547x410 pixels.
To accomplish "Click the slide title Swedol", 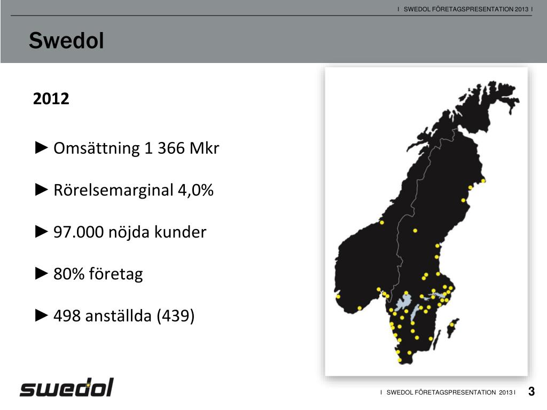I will tap(66, 41).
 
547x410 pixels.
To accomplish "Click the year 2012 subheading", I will tap(51, 99).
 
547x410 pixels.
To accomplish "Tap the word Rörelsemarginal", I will tap(113, 190).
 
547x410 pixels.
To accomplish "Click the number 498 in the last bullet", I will tap(67, 316).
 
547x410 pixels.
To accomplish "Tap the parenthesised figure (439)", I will tap(175, 316).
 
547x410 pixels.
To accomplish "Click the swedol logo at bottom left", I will tap(67, 388).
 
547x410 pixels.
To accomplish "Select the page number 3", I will tap(531, 392).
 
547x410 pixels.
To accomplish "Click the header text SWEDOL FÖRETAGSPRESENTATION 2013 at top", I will tap(465, 9).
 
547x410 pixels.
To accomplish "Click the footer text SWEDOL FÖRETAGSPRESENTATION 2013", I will tap(448, 392).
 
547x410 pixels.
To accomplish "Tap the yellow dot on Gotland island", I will tap(451, 325).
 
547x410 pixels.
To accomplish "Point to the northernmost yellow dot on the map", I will tap(483, 181).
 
